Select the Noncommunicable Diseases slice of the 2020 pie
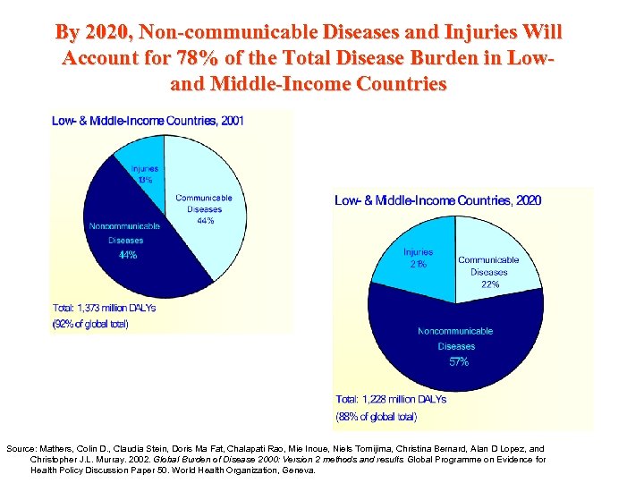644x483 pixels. point(456,344)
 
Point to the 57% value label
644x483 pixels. point(459,362)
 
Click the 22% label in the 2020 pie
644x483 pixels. point(489,284)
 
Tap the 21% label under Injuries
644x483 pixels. point(418,264)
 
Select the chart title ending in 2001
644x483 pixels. point(148,120)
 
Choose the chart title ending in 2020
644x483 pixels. point(437,200)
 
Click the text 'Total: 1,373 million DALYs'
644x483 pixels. point(104,309)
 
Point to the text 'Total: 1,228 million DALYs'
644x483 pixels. point(391,399)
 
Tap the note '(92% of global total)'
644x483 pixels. point(90,324)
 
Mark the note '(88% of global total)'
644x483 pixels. point(377,416)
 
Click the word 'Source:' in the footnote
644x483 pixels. point(22,449)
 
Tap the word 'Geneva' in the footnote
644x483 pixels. point(295,470)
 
